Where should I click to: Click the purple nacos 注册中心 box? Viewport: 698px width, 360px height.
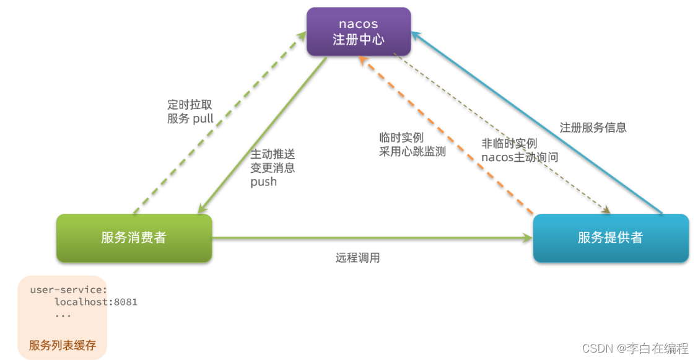pyautogui.click(x=359, y=31)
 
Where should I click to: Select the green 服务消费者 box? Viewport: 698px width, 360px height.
pyautogui.click(x=134, y=237)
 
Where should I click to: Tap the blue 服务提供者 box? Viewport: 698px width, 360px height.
pyautogui.click(x=610, y=237)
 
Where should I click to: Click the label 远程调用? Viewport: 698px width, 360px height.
pyautogui.click(x=357, y=258)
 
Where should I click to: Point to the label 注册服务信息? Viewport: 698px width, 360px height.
pyautogui.click(x=593, y=128)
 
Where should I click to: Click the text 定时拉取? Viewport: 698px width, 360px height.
pyautogui.click(x=189, y=105)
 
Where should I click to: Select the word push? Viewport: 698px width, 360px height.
pyautogui.click(x=263, y=182)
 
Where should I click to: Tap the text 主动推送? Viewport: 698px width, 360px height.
pyautogui.click(x=273, y=154)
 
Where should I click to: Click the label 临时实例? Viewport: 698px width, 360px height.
pyautogui.click(x=401, y=138)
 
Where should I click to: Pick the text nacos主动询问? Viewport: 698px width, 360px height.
pyautogui.click(x=520, y=157)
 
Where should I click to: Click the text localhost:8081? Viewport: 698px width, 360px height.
pyautogui.click(x=96, y=302)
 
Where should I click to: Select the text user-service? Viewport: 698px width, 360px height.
pyautogui.click(x=69, y=289)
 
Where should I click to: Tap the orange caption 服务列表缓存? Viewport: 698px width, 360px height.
pyautogui.click(x=63, y=345)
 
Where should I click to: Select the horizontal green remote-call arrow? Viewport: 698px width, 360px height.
pyautogui.click(x=372, y=237)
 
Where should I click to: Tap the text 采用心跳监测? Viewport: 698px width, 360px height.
pyautogui.click(x=412, y=151)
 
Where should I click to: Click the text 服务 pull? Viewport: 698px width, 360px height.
pyautogui.click(x=190, y=118)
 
